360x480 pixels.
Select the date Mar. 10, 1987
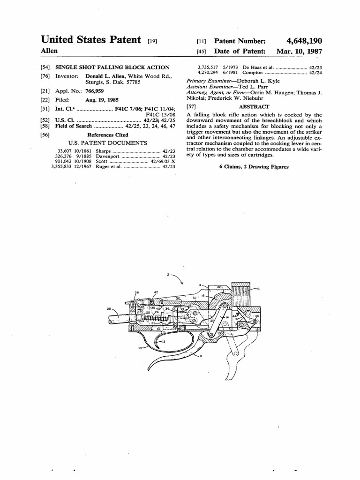[299, 51]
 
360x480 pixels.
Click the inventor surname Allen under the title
[49, 51]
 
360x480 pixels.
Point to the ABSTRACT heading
[254, 107]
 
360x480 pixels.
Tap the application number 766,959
[94, 91]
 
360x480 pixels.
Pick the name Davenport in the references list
[108, 156]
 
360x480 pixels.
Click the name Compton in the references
[254, 73]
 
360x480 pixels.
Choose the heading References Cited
[108, 135]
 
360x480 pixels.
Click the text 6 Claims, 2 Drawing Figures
[254, 166]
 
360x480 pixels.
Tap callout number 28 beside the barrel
[109, 309]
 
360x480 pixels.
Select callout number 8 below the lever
[201, 357]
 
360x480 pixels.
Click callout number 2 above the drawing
[168, 274]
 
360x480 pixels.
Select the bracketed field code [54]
[46, 67]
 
